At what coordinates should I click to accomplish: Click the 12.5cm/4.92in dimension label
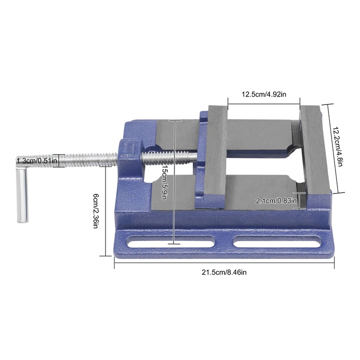point(263,94)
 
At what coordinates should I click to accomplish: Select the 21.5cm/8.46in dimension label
point(224,272)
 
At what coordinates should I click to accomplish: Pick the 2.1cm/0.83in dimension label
point(276,201)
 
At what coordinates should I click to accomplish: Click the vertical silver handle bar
point(22,195)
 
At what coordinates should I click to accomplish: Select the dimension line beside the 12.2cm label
point(328,148)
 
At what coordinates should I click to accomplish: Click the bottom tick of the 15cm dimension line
point(173,244)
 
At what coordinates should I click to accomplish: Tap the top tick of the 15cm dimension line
point(173,121)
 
